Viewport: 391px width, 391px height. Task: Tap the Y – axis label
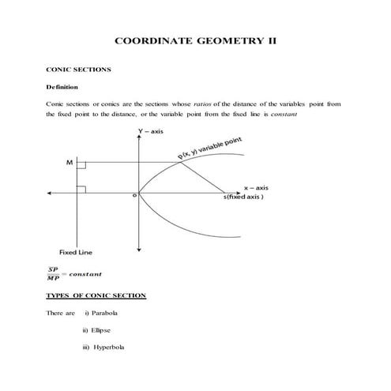coord(150,130)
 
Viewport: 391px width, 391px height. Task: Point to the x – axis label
coord(255,188)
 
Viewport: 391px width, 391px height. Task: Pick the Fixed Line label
coord(76,252)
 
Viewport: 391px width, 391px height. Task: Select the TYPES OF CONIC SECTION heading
coord(96,295)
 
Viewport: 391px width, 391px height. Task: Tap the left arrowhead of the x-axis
coord(50,191)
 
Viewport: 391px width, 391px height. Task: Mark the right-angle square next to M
coord(81,167)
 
